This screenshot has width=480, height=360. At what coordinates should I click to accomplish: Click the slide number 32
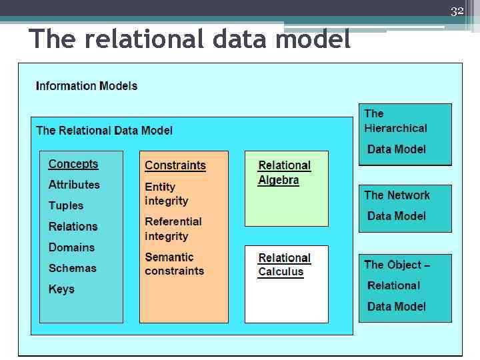point(457,11)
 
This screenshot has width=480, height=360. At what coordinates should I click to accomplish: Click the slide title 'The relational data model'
point(189,40)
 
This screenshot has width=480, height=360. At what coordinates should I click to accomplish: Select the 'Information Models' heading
point(87,86)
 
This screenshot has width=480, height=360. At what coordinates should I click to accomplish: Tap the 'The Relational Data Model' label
point(104,131)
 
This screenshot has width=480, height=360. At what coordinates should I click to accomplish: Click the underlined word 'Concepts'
point(73,164)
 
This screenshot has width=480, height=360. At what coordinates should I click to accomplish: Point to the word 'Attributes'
point(74,185)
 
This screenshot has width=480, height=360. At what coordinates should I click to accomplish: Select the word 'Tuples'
point(66,206)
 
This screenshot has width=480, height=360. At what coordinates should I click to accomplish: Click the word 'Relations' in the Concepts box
point(73,227)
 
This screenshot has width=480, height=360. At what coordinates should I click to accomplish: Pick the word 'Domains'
point(71,247)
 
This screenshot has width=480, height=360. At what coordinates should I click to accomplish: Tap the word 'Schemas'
point(72,269)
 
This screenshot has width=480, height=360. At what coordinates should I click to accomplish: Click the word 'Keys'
point(61,289)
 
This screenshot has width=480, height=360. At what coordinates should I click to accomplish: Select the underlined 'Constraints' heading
point(175,165)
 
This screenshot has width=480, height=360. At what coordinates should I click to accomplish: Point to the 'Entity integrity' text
point(167,194)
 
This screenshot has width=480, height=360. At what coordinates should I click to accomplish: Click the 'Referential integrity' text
point(173,229)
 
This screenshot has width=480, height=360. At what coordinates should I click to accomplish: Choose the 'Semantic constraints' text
point(175,264)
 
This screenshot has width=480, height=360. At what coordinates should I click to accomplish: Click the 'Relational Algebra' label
point(284,173)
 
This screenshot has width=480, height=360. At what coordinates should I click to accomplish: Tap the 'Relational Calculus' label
point(284,265)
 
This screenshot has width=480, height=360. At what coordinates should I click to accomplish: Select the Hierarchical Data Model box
point(405,133)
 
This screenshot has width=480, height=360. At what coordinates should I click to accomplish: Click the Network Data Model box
point(405,207)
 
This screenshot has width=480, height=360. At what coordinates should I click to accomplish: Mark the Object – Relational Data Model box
point(405,287)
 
